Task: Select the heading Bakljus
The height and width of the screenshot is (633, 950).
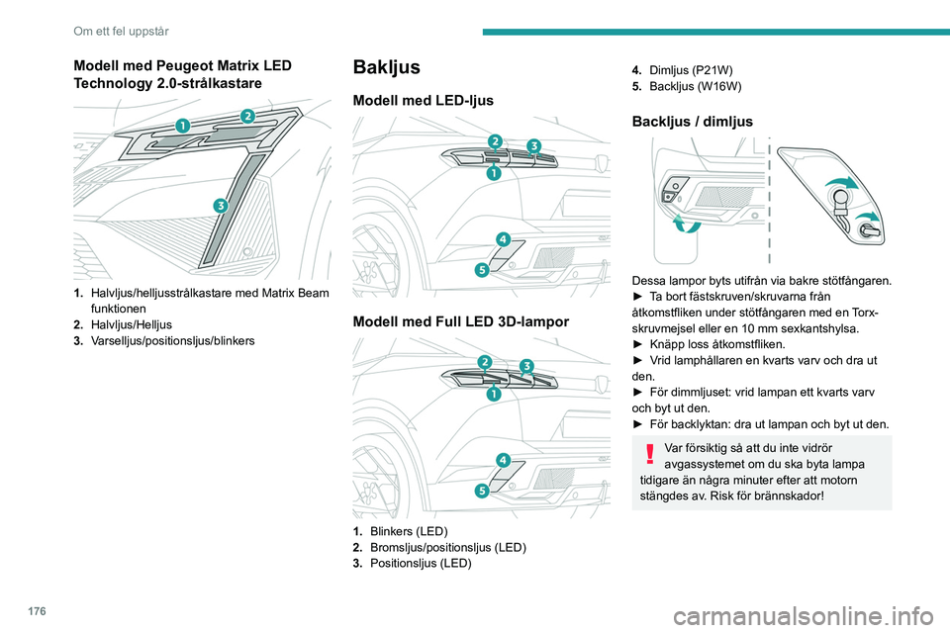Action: [x=387, y=67]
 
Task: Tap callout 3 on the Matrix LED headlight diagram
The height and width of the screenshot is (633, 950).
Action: [x=220, y=205]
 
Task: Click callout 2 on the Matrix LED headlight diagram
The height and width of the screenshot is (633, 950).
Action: [x=246, y=117]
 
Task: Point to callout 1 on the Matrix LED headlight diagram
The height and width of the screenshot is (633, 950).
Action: [x=184, y=126]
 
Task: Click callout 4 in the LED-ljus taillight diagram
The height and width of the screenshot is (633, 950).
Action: [x=503, y=239]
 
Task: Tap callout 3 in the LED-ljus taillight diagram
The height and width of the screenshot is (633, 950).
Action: [x=533, y=146]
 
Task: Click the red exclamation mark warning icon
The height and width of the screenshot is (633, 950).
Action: [x=650, y=454]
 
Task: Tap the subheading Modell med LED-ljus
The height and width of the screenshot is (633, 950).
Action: [x=423, y=101]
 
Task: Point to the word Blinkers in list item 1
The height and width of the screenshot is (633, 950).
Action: [x=395, y=531]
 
